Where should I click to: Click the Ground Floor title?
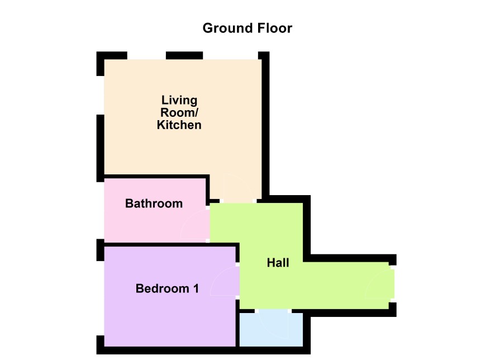pyautogui.click(x=247, y=28)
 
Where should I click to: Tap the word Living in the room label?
pyautogui.click(x=179, y=100)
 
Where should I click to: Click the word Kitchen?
pyautogui.click(x=179, y=125)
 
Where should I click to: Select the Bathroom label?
pyautogui.click(x=154, y=203)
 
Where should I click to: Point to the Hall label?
pyautogui.click(x=278, y=263)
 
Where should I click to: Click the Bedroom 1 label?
pyautogui.click(x=167, y=288)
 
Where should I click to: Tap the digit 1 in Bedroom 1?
pyautogui.click(x=196, y=288)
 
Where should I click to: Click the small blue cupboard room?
pyautogui.click(x=271, y=329)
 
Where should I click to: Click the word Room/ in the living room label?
pyautogui.click(x=179, y=112)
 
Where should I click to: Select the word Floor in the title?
pyautogui.click(x=275, y=28)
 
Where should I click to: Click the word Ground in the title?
pyautogui.click(x=228, y=28)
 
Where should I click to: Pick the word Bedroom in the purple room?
pyautogui.click(x=162, y=288)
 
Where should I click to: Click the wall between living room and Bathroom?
pyautogui.click(x=156, y=177)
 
